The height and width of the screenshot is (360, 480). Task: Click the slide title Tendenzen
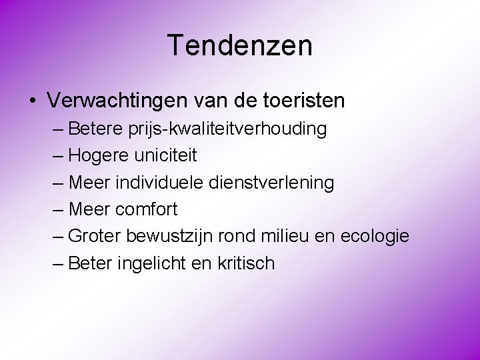click(240, 46)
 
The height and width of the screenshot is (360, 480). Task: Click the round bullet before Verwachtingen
click(32, 101)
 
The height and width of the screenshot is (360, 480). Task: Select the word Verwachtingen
click(118, 101)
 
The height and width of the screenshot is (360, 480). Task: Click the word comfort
click(146, 209)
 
